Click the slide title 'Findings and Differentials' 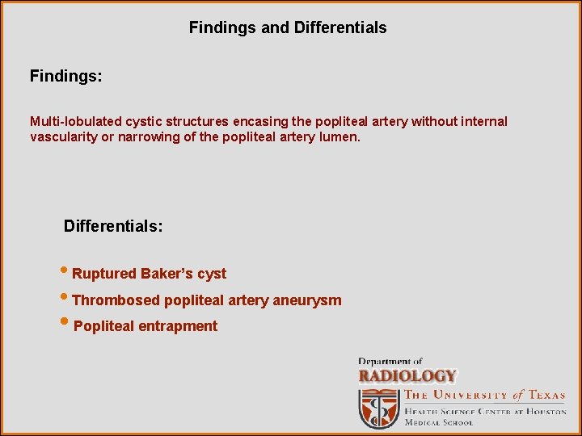pyautogui.click(x=288, y=27)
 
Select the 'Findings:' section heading pyautogui.click(x=65, y=77)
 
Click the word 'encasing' pyautogui.click(x=258, y=122)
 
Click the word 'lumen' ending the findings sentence pyautogui.click(x=340, y=137)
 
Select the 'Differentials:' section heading pyautogui.click(x=113, y=226)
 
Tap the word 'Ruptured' pyautogui.click(x=104, y=275)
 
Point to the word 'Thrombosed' pyautogui.click(x=116, y=301)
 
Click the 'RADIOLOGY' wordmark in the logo pyautogui.click(x=407, y=376)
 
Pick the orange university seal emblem pyautogui.click(x=379, y=407)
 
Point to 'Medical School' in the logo pyautogui.click(x=439, y=422)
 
